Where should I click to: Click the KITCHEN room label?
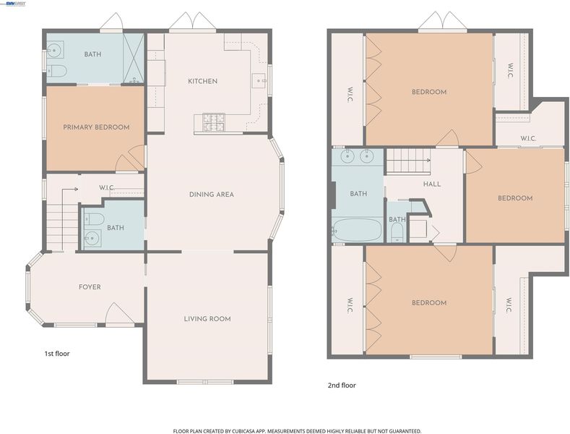(203, 81)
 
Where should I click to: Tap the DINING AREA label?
(212, 195)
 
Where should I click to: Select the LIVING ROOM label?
(207, 319)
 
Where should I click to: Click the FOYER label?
(90, 287)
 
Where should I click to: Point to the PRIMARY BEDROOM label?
(96, 127)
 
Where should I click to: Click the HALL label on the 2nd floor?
(432, 184)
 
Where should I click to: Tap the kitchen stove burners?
(214, 123)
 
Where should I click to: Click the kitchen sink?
(259, 80)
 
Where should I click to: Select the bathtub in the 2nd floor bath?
(358, 230)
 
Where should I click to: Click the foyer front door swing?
(119, 313)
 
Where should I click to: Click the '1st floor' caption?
(57, 354)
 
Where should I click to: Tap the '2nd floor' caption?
(342, 386)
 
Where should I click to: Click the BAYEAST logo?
(14, 4)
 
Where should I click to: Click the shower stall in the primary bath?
(134, 59)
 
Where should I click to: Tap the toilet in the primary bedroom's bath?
(56, 71)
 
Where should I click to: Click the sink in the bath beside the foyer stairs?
(92, 239)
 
